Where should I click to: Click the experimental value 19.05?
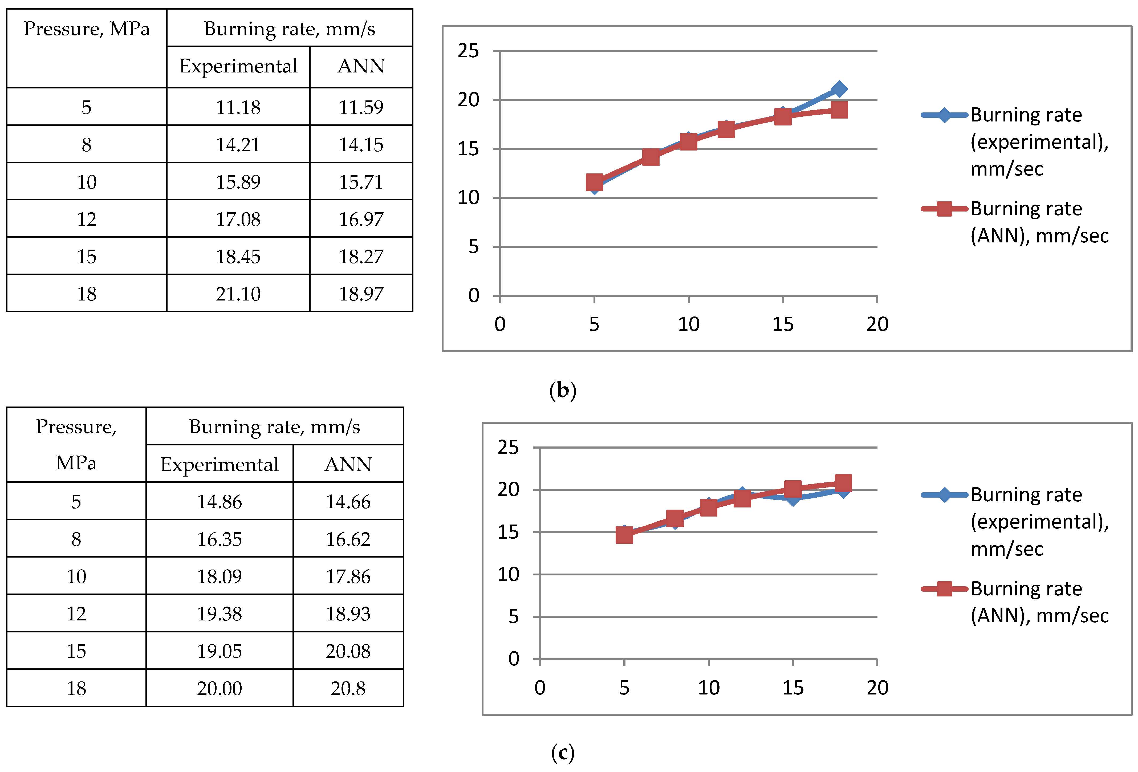220,651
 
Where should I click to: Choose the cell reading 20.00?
220,688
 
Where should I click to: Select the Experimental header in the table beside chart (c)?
220,464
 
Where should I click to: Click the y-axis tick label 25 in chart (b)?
468,50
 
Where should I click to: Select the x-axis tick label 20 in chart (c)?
877,688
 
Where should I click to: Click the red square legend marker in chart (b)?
944,209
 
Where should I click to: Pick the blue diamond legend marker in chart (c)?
944,495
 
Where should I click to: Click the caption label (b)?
563,391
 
